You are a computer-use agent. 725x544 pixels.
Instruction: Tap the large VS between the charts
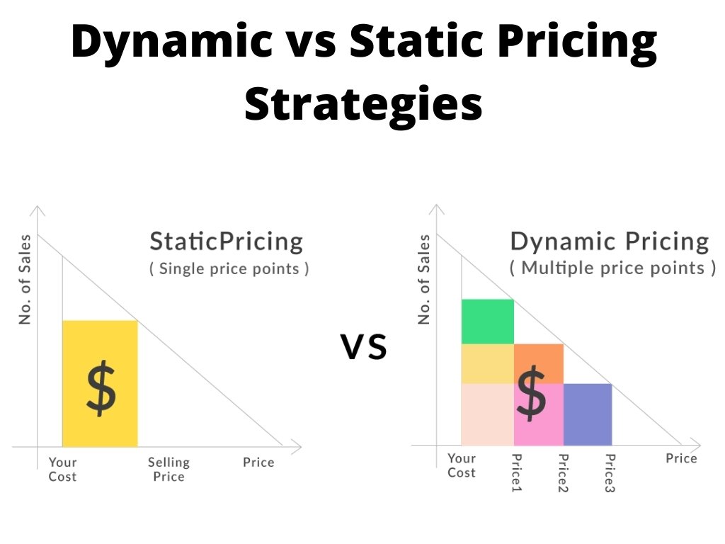(x=363, y=347)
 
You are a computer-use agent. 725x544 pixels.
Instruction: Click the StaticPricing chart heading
(x=226, y=242)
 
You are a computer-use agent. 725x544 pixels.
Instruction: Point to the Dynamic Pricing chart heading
(x=610, y=242)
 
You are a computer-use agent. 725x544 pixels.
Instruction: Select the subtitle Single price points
(x=229, y=268)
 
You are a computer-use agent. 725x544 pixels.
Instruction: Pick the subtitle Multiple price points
(x=612, y=268)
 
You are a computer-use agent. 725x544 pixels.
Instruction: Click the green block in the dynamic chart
(x=487, y=322)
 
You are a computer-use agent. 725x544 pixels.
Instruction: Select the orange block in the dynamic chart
(x=539, y=363)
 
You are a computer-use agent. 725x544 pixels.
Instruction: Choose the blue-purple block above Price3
(x=588, y=414)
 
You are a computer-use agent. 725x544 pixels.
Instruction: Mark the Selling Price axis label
(x=169, y=469)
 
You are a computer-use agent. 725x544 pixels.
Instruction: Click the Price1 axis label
(x=516, y=472)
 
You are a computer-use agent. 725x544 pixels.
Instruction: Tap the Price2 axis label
(x=563, y=472)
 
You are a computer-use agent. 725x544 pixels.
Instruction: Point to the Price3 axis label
(x=610, y=472)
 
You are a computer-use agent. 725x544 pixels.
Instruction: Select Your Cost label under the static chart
(x=62, y=469)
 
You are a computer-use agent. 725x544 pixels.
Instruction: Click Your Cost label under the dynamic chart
(x=462, y=465)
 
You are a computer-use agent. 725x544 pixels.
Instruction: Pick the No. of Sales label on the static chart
(x=25, y=279)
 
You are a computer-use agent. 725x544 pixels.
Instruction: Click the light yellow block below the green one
(x=487, y=363)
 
